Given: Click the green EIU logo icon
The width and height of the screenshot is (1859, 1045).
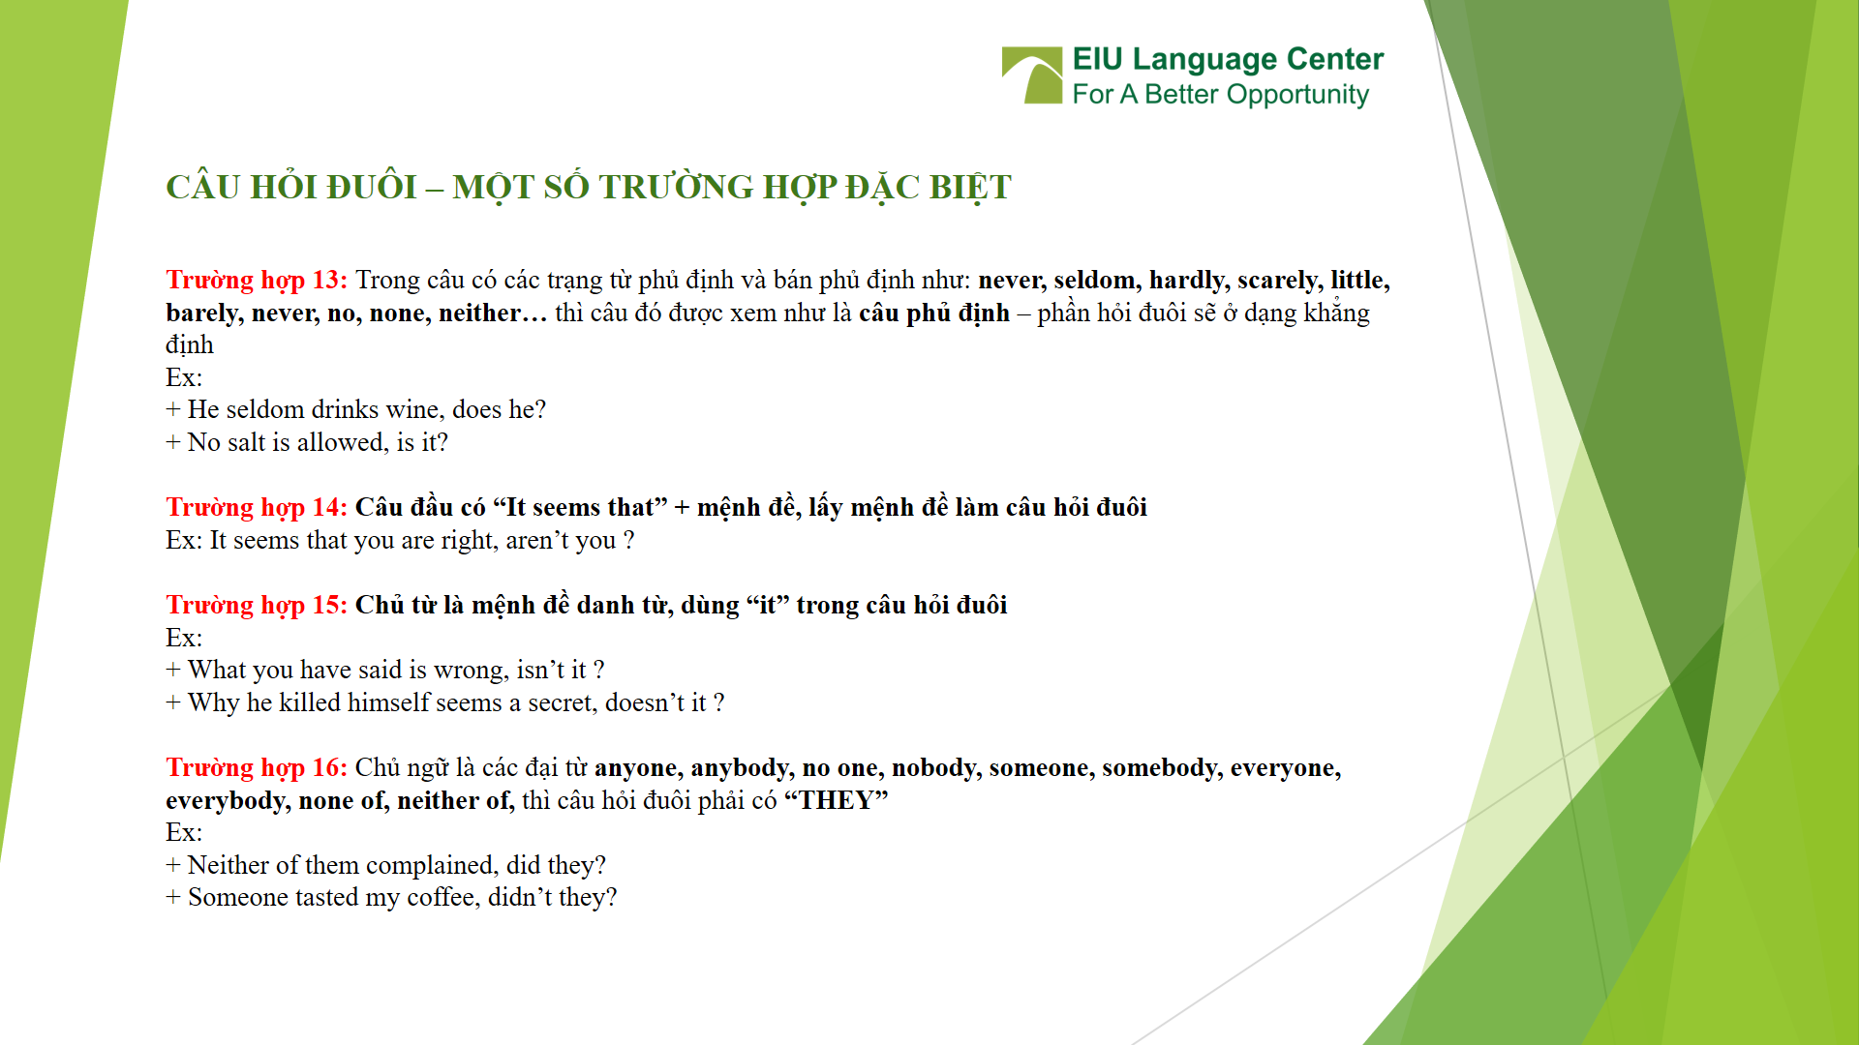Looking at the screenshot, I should pos(1032,75).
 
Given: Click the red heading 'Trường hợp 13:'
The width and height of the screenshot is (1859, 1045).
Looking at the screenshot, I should pos(256,281).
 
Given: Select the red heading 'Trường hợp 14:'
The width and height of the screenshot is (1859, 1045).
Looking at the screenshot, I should pos(256,508).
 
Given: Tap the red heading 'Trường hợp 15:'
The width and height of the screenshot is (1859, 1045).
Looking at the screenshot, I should pos(256,606).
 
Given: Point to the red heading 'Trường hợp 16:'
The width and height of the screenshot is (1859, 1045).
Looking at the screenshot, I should pos(256,768).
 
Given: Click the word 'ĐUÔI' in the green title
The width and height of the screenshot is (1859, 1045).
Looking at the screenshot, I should pos(371,188).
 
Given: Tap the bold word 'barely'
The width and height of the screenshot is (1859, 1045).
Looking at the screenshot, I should pos(202,313).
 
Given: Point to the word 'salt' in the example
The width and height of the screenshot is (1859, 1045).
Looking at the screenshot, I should pos(246,443).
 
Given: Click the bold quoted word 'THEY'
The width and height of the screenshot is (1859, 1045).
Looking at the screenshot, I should pos(836,801).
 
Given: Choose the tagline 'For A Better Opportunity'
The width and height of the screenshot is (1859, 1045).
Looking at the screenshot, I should pos(1220,95).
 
